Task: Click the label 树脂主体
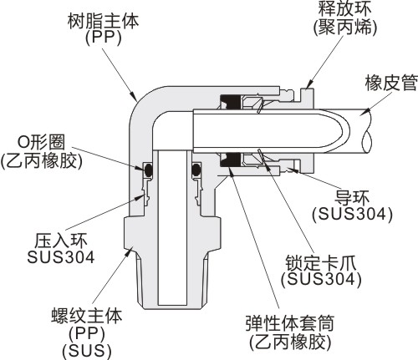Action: (103, 22)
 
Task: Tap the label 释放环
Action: (345, 8)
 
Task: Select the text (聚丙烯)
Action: (345, 28)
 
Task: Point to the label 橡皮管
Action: (391, 83)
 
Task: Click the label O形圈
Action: (42, 142)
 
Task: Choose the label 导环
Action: (352, 198)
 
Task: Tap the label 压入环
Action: (61, 241)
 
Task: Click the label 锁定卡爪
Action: (321, 262)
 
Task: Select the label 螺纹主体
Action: (87, 316)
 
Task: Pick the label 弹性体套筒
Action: (290, 323)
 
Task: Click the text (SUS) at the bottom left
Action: (87, 352)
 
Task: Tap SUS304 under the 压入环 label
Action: (61, 257)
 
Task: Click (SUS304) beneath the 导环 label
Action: (352, 215)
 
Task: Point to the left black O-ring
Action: (148, 170)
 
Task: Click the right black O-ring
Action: (196, 170)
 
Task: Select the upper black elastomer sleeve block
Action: (230, 101)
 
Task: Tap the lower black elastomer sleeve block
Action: (230, 160)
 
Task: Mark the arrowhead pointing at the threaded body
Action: (129, 251)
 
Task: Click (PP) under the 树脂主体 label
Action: (104, 38)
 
